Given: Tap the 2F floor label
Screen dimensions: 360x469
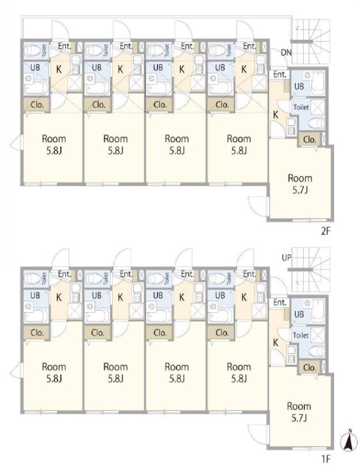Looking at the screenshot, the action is coord(325,231).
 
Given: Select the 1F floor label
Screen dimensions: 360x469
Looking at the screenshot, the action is coord(326,459).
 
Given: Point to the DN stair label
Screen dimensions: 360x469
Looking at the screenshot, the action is coord(286,53).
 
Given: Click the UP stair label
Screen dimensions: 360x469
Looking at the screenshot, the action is coord(286,257).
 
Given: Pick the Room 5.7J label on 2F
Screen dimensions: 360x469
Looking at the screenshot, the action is coord(300,184).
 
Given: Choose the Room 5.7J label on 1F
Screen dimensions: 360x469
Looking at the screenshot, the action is coord(299,412).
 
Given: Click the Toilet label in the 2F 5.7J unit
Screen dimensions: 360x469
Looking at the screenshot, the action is coord(301,107).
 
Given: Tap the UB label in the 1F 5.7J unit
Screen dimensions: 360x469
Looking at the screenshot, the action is coord(299,314).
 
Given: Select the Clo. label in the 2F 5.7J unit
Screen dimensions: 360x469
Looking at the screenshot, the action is coord(309,140).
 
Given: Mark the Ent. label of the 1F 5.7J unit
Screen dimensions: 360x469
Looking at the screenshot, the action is coord(280,302).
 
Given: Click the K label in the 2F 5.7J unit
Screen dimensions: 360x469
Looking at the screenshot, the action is coord(276,114).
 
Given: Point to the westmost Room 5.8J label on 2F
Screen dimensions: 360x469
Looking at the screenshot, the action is coord(54,145).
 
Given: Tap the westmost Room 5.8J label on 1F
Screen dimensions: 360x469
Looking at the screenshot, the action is coord(54,372).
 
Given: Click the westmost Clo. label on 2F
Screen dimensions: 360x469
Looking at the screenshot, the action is coord(37,105).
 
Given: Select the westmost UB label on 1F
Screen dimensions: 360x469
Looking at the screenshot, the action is coord(35,295).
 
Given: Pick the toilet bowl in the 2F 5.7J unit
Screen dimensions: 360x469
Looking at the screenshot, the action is coord(316,123).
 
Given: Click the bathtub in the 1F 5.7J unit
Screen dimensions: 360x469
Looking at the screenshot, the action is coord(318,312).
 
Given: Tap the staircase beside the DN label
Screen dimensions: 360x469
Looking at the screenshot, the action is coord(311,42).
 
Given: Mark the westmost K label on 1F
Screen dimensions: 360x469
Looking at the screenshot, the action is coord(59,297).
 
